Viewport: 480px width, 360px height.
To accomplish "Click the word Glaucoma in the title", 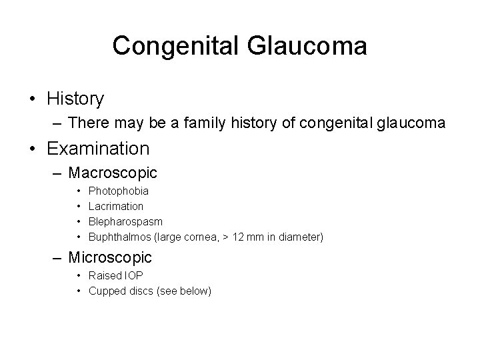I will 307,46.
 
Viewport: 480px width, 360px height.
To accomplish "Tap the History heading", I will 75,99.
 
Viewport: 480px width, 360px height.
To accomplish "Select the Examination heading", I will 98,147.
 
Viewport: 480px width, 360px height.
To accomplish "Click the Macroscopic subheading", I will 113,173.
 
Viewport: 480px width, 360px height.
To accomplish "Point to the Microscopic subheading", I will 110,257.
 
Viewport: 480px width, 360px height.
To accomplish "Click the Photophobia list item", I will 119,191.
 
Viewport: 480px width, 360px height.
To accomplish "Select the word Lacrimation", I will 116,207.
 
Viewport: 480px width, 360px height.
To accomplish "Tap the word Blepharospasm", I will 125,221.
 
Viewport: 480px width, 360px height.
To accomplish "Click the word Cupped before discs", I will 105,291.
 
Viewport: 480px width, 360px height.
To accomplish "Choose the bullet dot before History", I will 33,100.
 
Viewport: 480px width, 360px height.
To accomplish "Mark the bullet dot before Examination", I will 33,148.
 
